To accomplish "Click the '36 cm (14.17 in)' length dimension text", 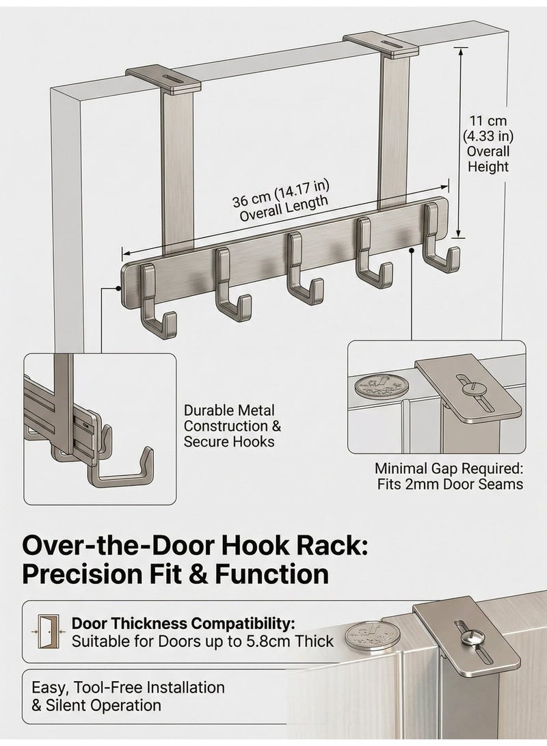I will click(x=281, y=194).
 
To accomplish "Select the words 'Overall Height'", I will click(x=488, y=159).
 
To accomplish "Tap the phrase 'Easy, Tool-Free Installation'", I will click(x=128, y=687).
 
